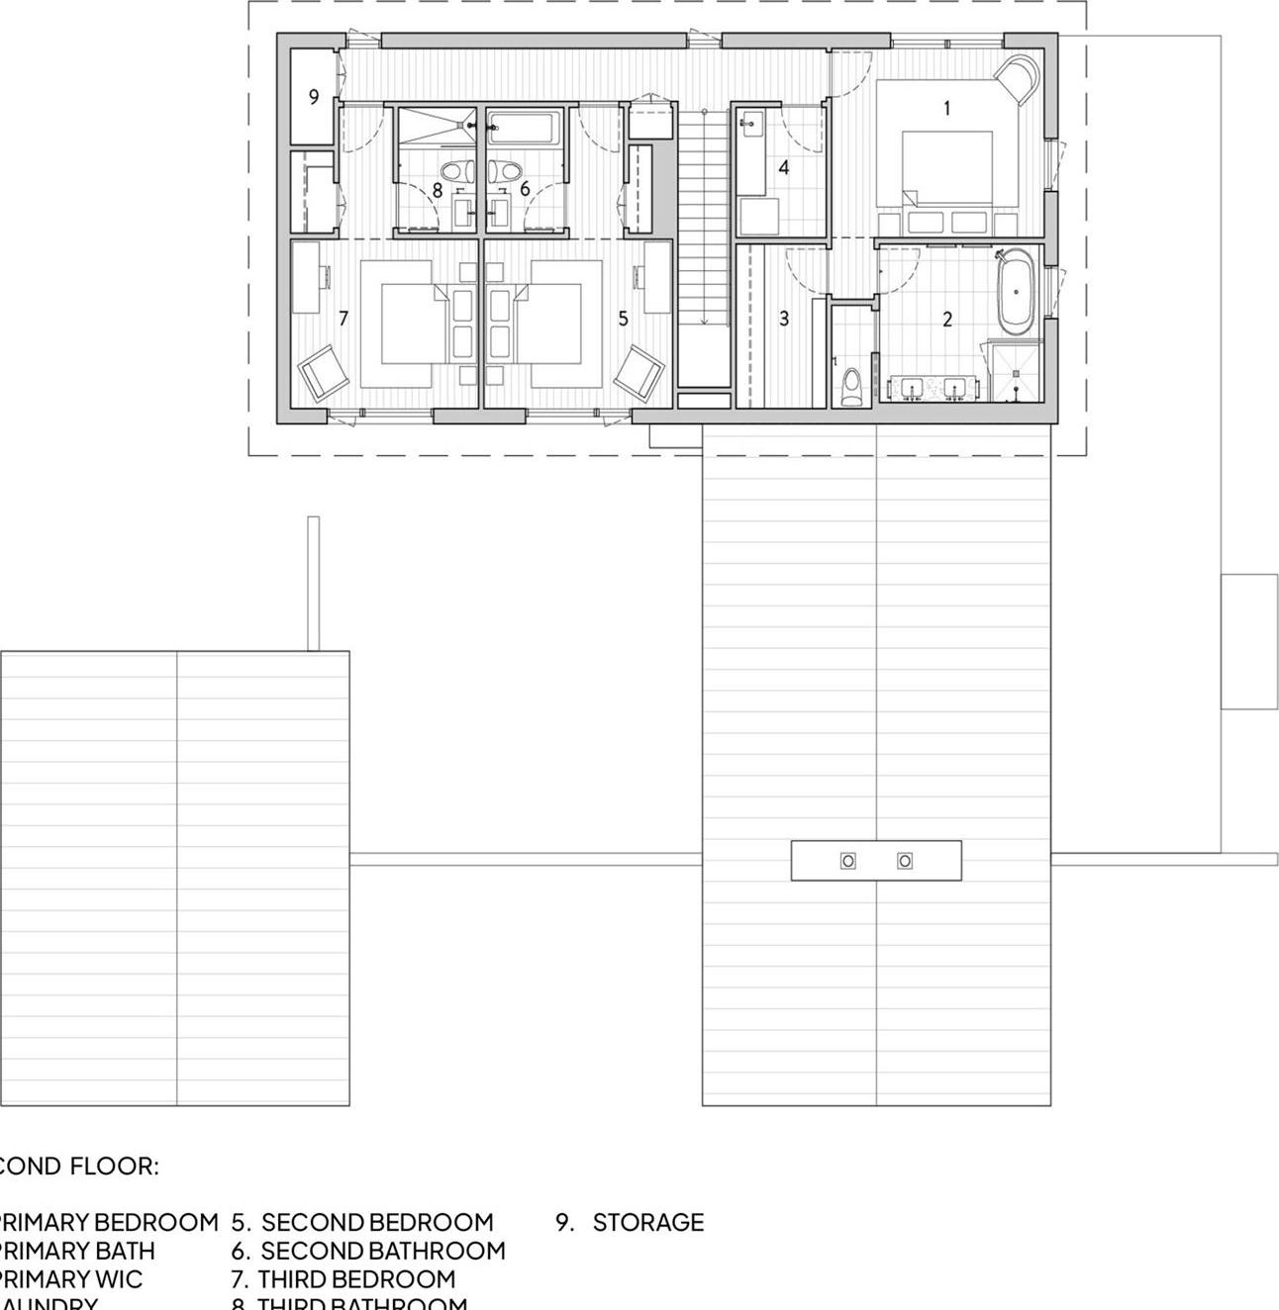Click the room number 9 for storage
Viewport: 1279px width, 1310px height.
(314, 97)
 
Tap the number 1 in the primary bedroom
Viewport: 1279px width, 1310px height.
(946, 108)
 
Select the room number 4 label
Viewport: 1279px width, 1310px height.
(784, 167)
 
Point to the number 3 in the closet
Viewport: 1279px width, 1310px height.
(784, 319)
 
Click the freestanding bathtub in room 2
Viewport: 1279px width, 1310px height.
(1016, 293)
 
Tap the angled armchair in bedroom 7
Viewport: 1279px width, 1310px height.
(324, 374)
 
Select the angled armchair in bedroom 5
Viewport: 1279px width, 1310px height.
(639, 374)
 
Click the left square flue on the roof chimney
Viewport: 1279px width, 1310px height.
(847, 861)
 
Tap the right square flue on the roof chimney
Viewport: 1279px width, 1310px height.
(904, 861)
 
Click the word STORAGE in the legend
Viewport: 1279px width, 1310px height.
(647, 1223)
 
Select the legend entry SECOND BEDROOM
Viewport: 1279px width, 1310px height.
(376, 1223)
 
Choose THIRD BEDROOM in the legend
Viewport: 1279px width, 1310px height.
(355, 1279)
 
